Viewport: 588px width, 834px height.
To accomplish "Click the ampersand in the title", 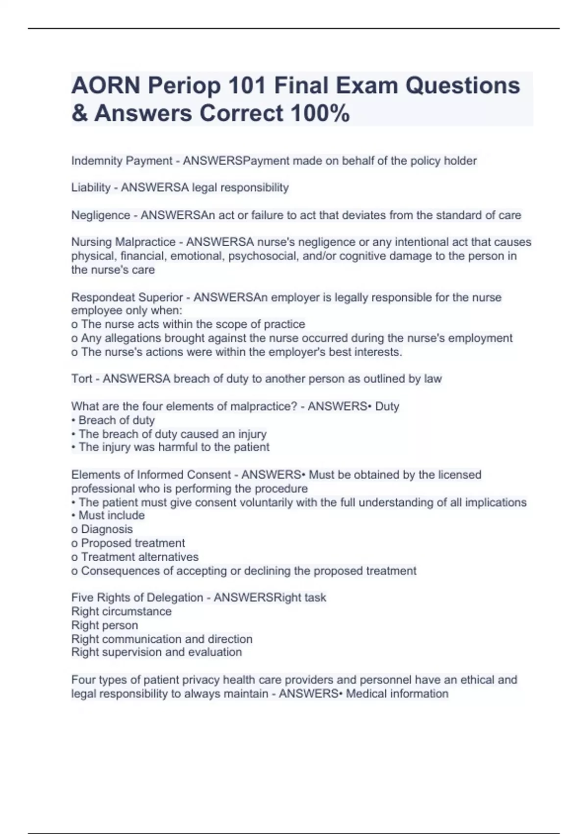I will tap(79, 113).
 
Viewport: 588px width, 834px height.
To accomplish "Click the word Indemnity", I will tap(97, 161).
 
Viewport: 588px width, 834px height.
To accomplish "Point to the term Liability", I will tap(91, 187).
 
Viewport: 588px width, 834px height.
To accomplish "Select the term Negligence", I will tap(100, 215).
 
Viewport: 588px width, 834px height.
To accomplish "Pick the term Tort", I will tap(81, 379).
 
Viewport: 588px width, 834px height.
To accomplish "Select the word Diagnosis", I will tap(107, 529).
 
